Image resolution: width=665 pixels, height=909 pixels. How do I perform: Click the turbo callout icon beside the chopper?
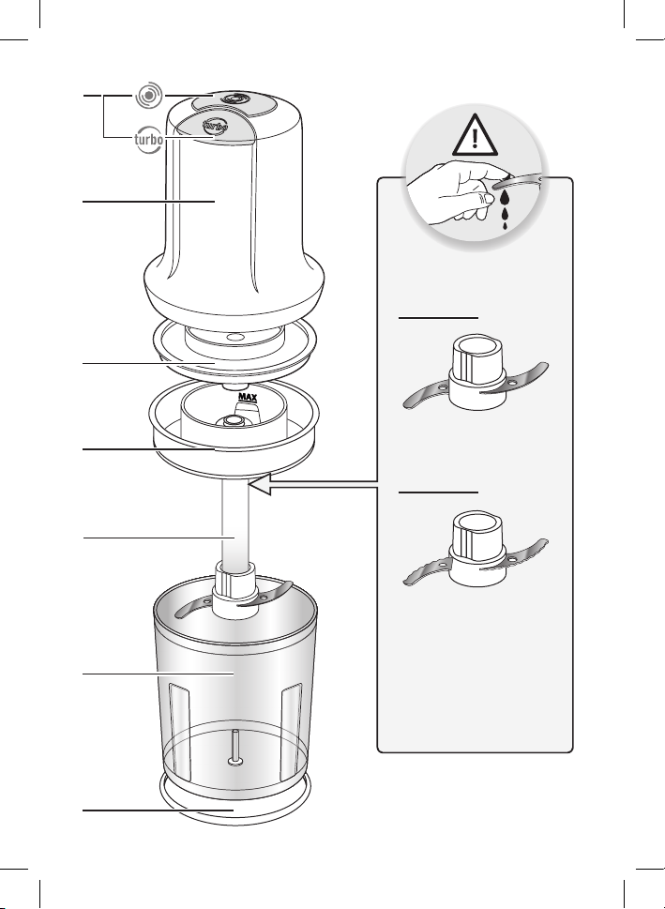(x=148, y=140)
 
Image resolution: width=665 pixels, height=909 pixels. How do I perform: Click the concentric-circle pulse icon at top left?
(x=149, y=95)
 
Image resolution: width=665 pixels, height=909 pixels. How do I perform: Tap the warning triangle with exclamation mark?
(x=475, y=136)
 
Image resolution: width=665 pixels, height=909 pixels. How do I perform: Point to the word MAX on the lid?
(x=248, y=397)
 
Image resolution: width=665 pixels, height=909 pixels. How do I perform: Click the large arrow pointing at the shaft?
(x=313, y=484)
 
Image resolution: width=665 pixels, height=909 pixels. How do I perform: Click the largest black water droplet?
(x=506, y=198)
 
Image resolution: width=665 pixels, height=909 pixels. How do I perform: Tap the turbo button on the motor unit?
(x=215, y=126)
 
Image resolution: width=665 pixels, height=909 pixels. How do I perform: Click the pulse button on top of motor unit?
(x=234, y=99)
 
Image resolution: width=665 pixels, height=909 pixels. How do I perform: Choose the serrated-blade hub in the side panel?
(x=476, y=548)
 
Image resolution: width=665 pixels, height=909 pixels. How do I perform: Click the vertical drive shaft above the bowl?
(x=235, y=521)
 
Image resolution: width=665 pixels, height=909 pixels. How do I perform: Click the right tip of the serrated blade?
(x=546, y=542)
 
